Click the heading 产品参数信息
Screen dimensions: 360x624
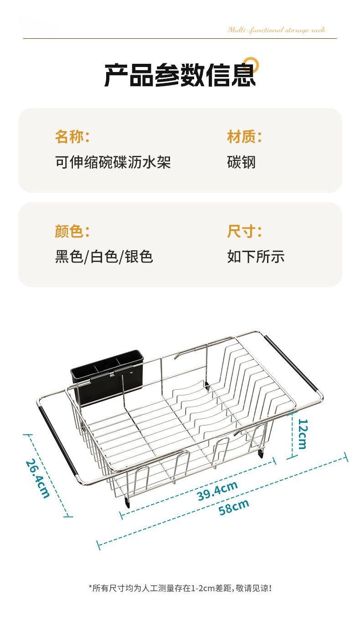(180, 75)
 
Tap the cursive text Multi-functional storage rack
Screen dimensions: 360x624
(277, 30)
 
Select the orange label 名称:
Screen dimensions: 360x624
(72, 136)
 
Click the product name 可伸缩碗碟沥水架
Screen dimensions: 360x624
(113, 162)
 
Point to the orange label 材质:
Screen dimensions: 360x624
(244, 136)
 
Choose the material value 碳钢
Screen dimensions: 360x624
(241, 162)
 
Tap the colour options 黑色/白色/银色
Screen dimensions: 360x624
(104, 257)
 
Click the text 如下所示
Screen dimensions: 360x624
(256, 257)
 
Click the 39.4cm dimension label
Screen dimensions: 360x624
(217, 490)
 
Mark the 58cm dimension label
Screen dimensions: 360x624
(234, 506)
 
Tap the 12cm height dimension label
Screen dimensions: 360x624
(302, 433)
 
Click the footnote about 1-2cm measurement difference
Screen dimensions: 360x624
(180, 588)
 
